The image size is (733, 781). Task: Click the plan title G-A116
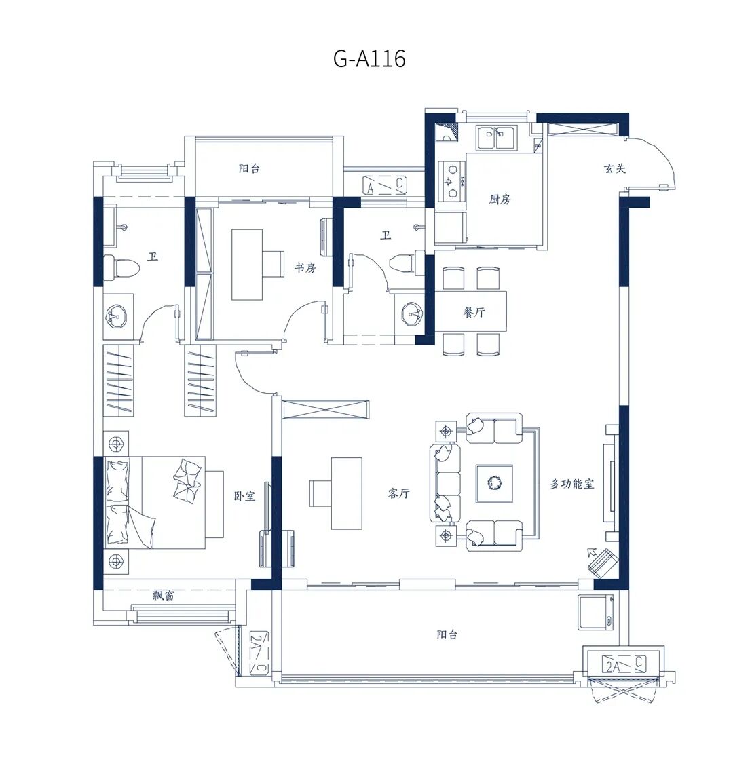369,59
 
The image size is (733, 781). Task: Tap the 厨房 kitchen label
500,199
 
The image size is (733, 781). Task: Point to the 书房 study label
305,268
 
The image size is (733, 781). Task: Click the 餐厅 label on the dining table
474,312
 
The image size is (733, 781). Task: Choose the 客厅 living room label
398,493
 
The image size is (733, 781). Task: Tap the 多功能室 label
571,484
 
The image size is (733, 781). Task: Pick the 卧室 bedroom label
244,496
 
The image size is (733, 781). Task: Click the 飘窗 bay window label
163,595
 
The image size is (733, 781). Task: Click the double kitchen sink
496,138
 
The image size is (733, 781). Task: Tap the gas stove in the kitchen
452,180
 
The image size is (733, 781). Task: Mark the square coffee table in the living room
494,483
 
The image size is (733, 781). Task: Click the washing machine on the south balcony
596,612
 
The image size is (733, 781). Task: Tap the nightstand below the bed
116,562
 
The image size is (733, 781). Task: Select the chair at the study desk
273,263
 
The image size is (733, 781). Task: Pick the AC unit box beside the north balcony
384,185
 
